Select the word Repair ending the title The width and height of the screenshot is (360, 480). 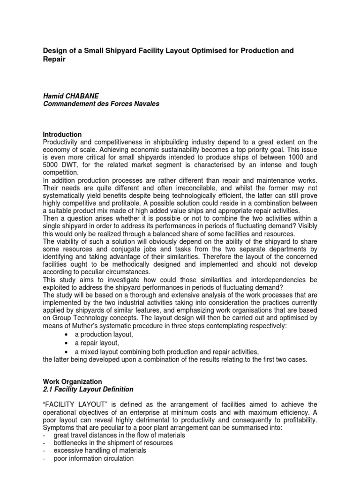point(53,60)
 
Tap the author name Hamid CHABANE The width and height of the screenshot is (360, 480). point(70,96)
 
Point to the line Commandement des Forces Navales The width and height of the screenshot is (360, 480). point(101,104)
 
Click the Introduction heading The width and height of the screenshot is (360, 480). point(62,135)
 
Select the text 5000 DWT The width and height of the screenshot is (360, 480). point(58,165)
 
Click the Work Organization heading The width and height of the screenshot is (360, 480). point(72,382)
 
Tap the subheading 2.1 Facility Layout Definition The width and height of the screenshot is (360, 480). point(88,390)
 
